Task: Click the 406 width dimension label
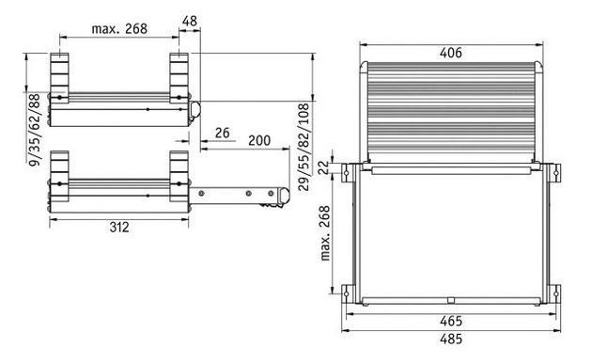pos(450,53)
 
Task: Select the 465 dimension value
pos(450,321)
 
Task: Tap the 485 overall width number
pos(450,339)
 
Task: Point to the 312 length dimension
pos(119,227)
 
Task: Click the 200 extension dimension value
pos(259,140)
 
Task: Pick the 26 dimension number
pos(222,133)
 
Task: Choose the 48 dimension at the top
pos(189,21)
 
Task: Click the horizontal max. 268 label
pos(119,28)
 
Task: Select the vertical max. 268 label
pos(324,232)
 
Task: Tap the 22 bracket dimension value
pos(323,167)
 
